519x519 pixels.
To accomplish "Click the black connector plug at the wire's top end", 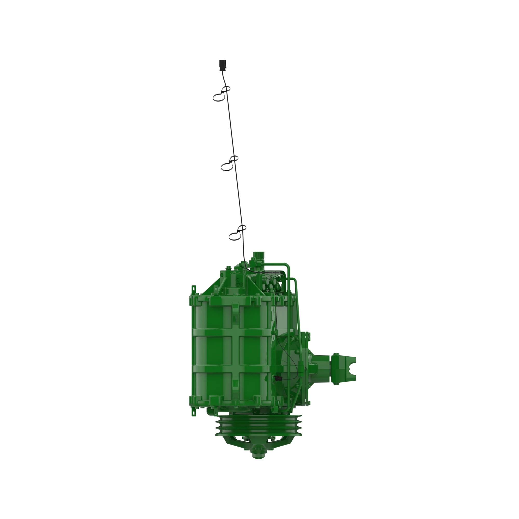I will tap(222, 65).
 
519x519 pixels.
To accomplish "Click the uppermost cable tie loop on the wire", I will tap(219, 97).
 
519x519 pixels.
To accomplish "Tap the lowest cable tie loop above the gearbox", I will tap(235, 236).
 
